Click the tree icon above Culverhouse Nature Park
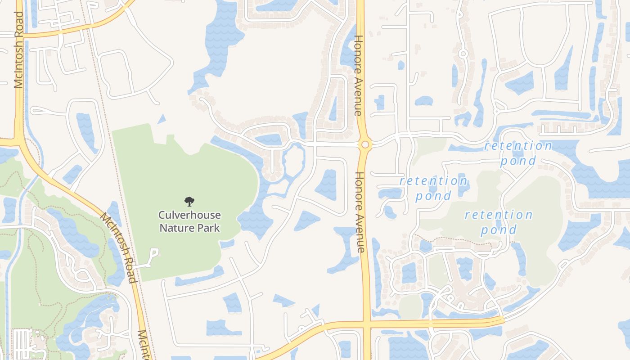pos(189,201)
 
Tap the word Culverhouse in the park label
pos(189,215)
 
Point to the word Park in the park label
pos(209,228)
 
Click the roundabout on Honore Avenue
pos(365,144)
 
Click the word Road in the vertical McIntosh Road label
pos(19,24)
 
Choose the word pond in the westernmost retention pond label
pos(433,196)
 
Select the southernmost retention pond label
pos(498,222)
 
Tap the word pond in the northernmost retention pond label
pos(518,161)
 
